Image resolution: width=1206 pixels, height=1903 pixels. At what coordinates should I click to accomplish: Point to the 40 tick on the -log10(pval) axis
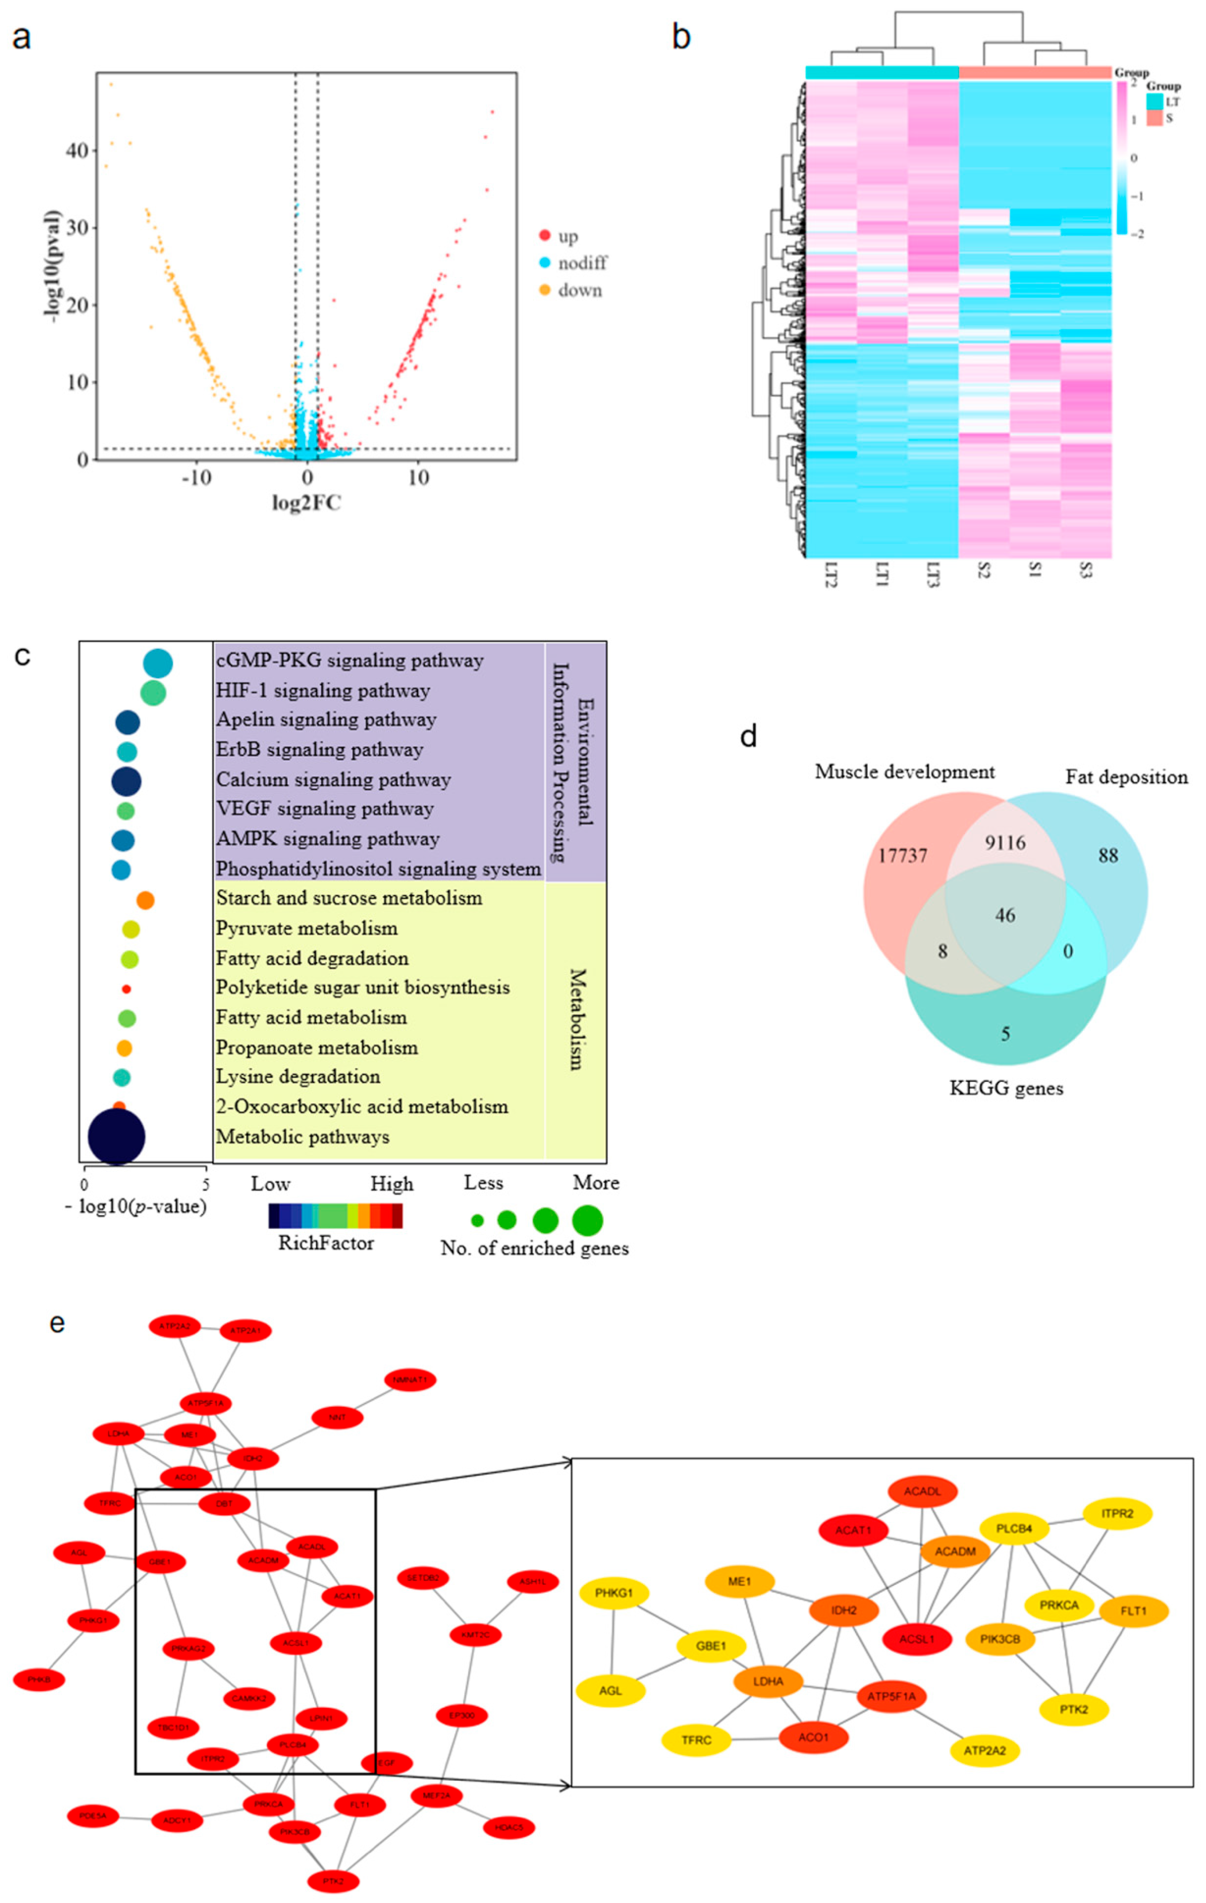pyautogui.click(x=77, y=150)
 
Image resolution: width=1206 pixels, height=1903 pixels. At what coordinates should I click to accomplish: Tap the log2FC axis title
pyautogui.click(x=307, y=503)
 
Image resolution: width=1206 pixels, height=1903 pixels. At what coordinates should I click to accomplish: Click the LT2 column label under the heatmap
pyautogui.click(x=830, y=575)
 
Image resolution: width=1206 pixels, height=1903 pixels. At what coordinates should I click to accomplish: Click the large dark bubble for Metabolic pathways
pyautogui.click(x=116, y=1136)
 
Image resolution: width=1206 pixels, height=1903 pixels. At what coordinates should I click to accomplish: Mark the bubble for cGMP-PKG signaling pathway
pyautogui.click(x=158, y=664)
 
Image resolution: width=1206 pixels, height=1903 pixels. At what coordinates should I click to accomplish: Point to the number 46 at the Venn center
pyautogui.click(x=1004, y=915)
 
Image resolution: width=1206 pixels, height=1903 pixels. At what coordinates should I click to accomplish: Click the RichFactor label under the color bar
pyautogui.click(x=326, y=1243)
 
